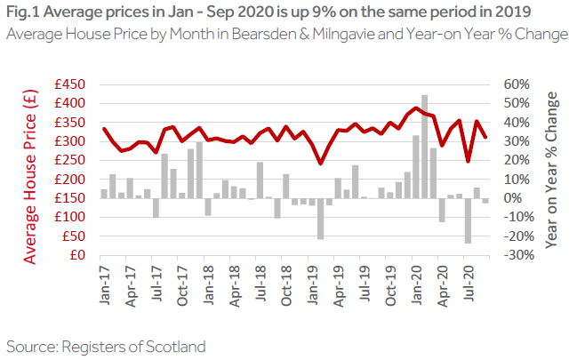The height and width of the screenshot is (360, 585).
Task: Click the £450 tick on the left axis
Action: click(x=68, y=84)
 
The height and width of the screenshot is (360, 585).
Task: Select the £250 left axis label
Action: click(x=68, y=160)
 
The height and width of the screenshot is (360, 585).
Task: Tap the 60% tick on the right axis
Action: click(x=517, y=84)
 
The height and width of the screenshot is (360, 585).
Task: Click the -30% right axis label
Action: click(x=515, y=255)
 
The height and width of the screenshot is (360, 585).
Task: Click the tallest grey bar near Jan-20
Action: click(x=425, y=146)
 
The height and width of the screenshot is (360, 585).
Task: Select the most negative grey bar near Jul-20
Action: click(x=468, y=220)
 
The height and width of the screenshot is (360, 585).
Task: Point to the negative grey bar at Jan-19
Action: click(x=321, y=218)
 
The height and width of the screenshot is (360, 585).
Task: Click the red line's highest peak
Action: click(x=416, y=108)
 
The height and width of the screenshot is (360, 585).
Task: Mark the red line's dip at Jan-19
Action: click(x=321, y=163)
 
